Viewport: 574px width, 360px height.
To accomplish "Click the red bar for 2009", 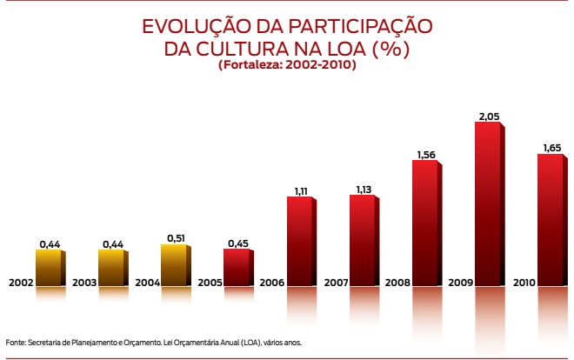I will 488,204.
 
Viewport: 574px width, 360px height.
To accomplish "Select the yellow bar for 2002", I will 49,268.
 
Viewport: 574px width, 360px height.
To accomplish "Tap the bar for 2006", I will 299,242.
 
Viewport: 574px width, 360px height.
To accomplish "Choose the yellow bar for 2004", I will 174,265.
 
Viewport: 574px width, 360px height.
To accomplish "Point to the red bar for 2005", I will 237,268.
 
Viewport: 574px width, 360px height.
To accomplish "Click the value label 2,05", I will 488,116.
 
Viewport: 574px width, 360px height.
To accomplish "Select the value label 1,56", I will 425,155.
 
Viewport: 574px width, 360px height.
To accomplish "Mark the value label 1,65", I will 551,148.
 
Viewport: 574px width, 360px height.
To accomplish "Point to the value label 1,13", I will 363,189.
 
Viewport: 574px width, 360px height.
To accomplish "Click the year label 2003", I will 84,283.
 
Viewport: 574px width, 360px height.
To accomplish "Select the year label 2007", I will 336,283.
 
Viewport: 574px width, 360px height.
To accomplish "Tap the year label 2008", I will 398,283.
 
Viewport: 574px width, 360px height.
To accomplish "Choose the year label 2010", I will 524,283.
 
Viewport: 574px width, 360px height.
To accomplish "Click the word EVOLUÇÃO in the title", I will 193,27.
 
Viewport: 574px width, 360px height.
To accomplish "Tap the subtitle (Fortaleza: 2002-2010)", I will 287,65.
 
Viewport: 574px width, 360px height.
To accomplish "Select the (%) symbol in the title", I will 390,49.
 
